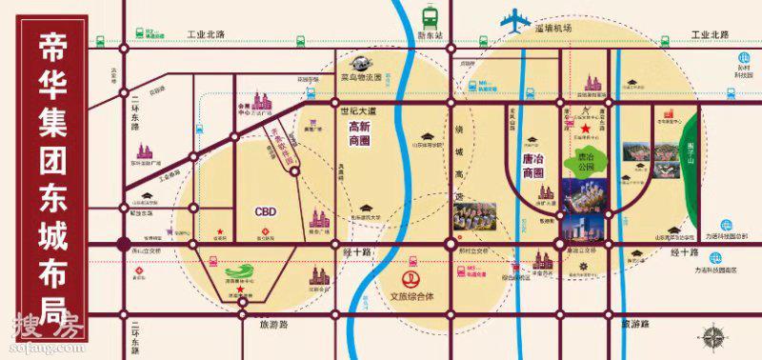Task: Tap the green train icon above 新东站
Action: (431, 16)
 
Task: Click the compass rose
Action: (711, 336)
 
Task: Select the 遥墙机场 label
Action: (552, 29)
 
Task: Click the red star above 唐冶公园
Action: (587, 129)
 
